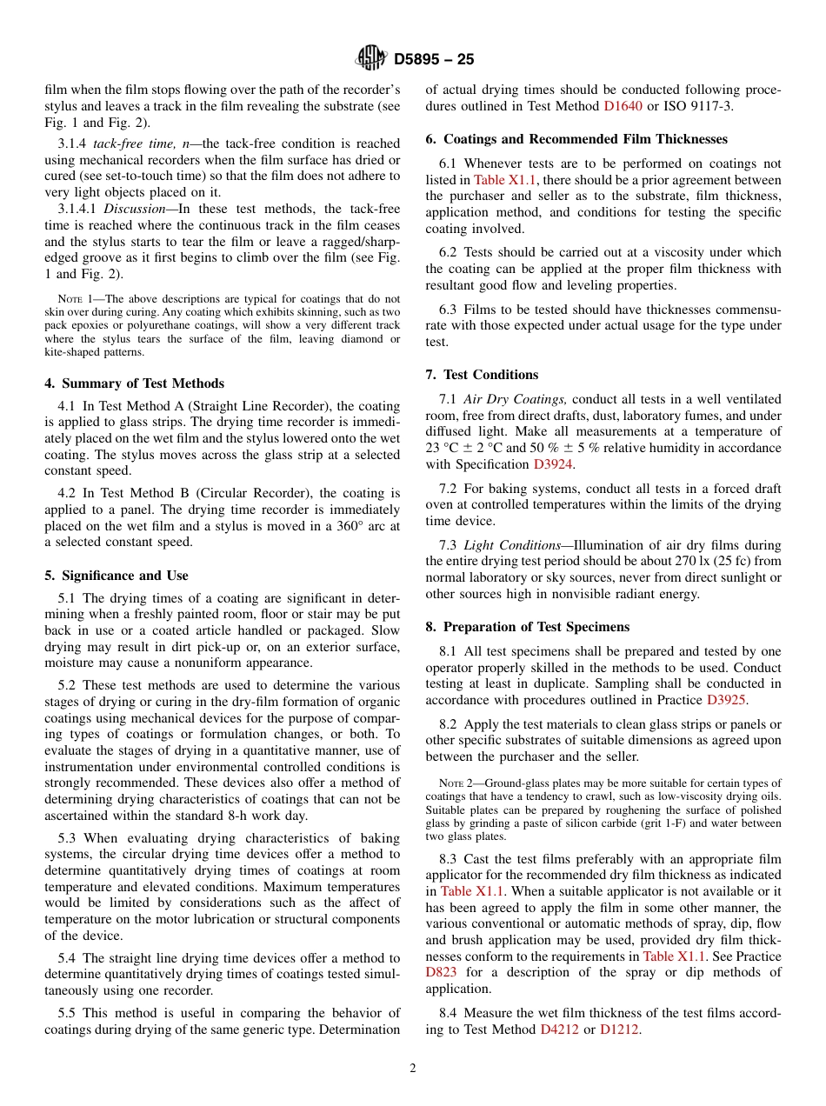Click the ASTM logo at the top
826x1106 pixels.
coord(371,59)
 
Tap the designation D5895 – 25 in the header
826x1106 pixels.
coord(434,60)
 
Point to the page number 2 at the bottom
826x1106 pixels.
coord(413,1069)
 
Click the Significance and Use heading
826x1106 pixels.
coord(116,576)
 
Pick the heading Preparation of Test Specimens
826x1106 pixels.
coord(527,627)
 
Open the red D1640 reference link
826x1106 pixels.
coord(623,106)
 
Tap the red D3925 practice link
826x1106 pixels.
coord(725,700)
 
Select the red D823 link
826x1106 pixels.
coord(441,973)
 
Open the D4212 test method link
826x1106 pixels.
coord(559,1029)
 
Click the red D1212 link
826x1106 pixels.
coord(619,1029)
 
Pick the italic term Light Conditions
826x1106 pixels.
coord(512,546)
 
